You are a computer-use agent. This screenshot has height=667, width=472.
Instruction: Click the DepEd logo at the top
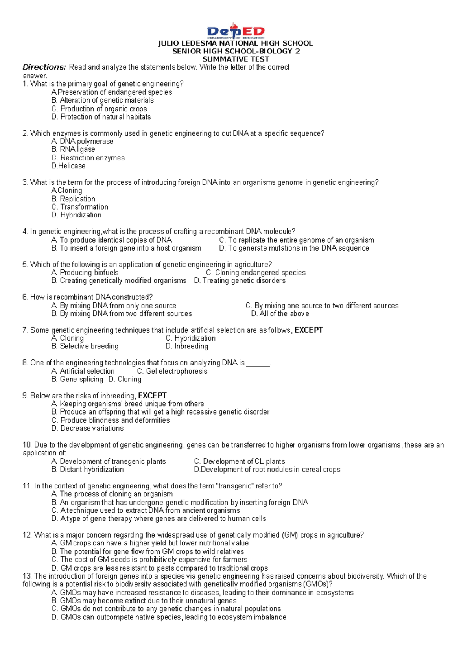point(236,31)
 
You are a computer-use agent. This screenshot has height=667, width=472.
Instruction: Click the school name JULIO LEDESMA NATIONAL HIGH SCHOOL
point(235,43)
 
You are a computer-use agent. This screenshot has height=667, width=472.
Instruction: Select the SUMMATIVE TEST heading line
point(236,59)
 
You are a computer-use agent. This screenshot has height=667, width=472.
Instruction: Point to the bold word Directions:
point(44,67)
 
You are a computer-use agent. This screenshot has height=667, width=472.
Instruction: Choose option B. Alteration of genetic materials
point(102,100)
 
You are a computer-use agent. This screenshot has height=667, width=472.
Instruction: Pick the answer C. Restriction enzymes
point(88,158)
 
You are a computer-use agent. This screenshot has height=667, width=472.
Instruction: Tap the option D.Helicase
point(68,166)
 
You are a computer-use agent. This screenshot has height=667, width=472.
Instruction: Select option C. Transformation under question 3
point(79,207)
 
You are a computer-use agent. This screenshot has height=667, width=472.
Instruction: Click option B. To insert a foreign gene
point(126,248)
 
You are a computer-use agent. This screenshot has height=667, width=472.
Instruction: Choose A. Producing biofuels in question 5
point(85,273)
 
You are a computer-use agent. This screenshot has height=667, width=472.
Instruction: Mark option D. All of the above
point(280,314)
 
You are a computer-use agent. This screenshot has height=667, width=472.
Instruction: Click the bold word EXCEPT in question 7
point(309,330)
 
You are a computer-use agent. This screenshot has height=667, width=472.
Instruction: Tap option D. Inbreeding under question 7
point(186,346)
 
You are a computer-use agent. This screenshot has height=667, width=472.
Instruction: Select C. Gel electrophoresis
point(172,371)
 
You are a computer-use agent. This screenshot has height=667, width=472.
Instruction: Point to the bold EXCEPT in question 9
point(152,396)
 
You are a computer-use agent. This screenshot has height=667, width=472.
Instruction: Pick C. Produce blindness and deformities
point(110,420)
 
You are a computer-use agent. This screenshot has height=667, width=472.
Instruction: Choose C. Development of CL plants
point(239,461)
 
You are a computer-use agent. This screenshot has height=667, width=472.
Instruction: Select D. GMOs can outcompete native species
point(168,617)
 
